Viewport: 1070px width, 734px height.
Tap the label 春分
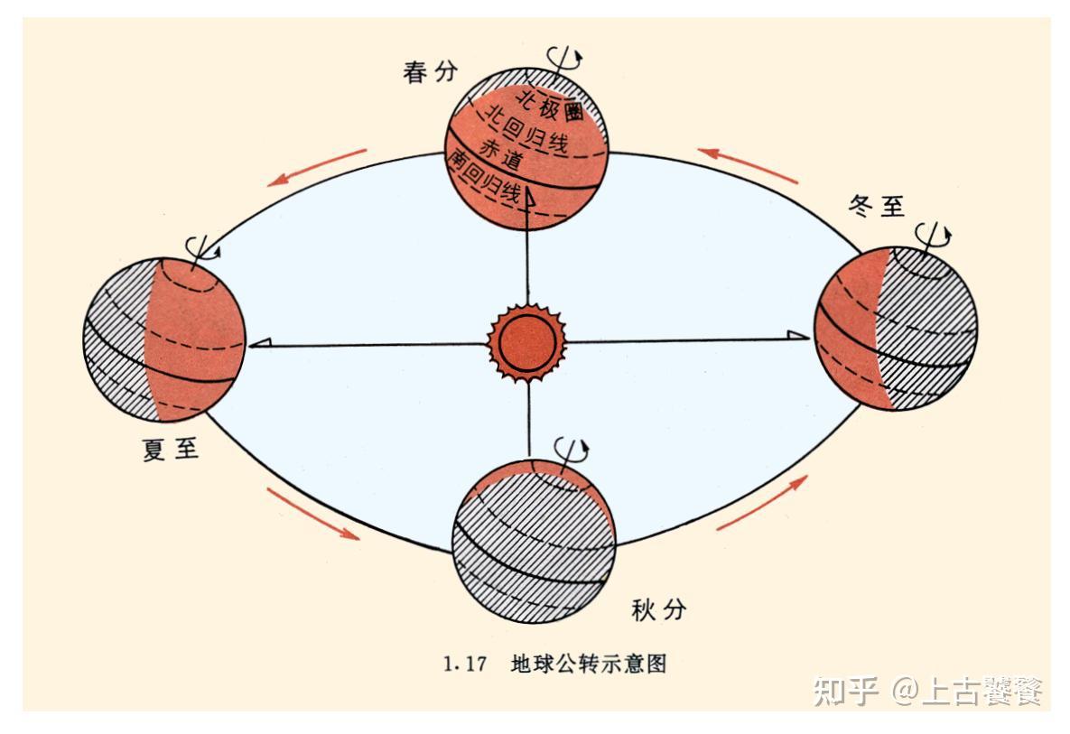[431, 73]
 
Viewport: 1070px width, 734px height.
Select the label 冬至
[875, 205]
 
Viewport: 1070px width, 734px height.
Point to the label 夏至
[171, 449]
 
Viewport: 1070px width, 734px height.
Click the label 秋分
[658, 610]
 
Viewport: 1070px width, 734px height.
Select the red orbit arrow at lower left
[312, 513]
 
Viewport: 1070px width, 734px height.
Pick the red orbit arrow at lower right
[761, 502]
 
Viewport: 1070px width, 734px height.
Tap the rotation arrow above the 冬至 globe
[936, 233]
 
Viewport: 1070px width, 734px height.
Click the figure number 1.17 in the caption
[465, 665]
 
